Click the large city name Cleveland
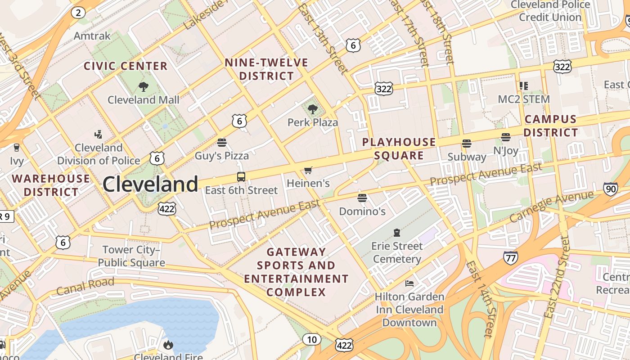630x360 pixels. (x=150, y=184)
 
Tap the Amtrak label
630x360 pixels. (x=92, y=36)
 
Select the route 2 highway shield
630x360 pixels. (x=78, y=12)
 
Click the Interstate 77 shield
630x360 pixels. (x=510, y=258)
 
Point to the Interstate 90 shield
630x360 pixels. (x=610, y=189)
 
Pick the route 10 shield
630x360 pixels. (x=311, y=339)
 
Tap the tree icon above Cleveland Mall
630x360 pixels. (x=144, y=86)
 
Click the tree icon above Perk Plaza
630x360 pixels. (x=312, y=109)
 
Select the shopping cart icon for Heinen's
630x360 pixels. (x=308, y=170)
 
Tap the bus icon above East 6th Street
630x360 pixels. (x=241, y=177)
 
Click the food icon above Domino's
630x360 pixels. (x=362, y=198)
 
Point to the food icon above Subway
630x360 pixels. (x=467, y=144)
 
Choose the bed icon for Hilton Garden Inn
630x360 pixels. (x=409, y=283)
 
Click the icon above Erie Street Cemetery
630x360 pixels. (x=397, y=233)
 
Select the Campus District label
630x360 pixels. (x=550, y=126)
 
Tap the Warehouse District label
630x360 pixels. (x=51, y=185)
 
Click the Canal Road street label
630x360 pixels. (x=85, y=286)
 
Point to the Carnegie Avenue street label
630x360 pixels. (x=552, y=207)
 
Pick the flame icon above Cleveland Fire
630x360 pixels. (x=168, y=345)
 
